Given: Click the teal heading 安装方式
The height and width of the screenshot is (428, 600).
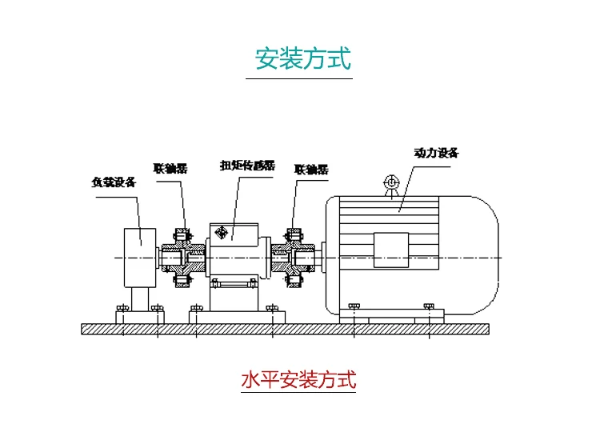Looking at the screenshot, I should point(302,59).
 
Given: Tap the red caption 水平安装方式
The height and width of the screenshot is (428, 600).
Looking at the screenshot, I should point(298,379).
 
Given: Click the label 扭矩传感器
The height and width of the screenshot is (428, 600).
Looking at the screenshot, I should point(247,166).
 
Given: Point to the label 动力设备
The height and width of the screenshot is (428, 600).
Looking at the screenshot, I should point(436,152).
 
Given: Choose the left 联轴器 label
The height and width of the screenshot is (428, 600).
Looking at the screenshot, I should point(170,169).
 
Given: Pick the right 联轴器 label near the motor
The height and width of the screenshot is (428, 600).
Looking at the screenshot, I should point(311,170).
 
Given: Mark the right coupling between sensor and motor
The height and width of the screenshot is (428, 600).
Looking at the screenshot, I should point(294,257).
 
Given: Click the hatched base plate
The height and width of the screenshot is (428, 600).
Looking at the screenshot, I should point(286,329).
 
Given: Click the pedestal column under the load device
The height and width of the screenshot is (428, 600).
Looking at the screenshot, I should point(140,301).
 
